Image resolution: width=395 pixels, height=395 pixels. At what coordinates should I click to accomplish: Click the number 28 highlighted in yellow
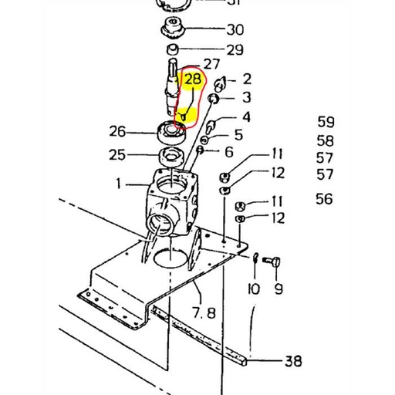pyautogui.click(x=192, y=79)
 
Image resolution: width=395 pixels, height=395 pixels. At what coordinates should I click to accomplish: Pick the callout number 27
pyautogui.click(x=211, y=64)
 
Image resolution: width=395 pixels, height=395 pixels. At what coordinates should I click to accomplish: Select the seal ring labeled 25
pyautogui.click(x=170, y=158)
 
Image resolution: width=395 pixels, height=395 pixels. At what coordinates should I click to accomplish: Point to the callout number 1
pyautogui.click(x=120, y=184)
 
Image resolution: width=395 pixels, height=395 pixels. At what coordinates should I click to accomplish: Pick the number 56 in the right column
pyautogui.click(x=324, y=199)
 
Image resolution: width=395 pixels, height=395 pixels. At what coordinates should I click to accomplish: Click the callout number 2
pyautogui.click(x=247, y=79)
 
